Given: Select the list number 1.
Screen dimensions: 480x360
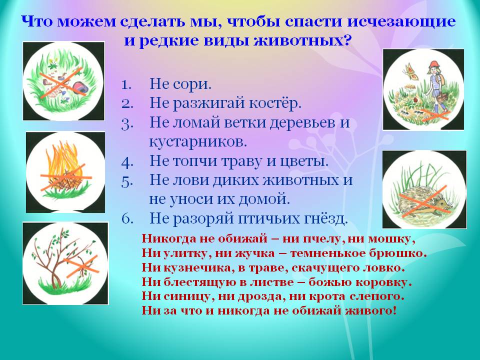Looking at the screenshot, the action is coord(126,84).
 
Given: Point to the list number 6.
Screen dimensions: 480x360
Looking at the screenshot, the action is coord(127,218).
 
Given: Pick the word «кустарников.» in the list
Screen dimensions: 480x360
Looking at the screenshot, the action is coord(198,141).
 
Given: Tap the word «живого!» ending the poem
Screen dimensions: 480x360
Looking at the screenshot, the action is coord(370,311).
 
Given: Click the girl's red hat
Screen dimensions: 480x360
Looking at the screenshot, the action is coord(434,64).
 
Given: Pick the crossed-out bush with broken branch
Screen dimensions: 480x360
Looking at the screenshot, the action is coord(65,263).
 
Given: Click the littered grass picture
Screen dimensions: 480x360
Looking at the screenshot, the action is coord(63,81).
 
